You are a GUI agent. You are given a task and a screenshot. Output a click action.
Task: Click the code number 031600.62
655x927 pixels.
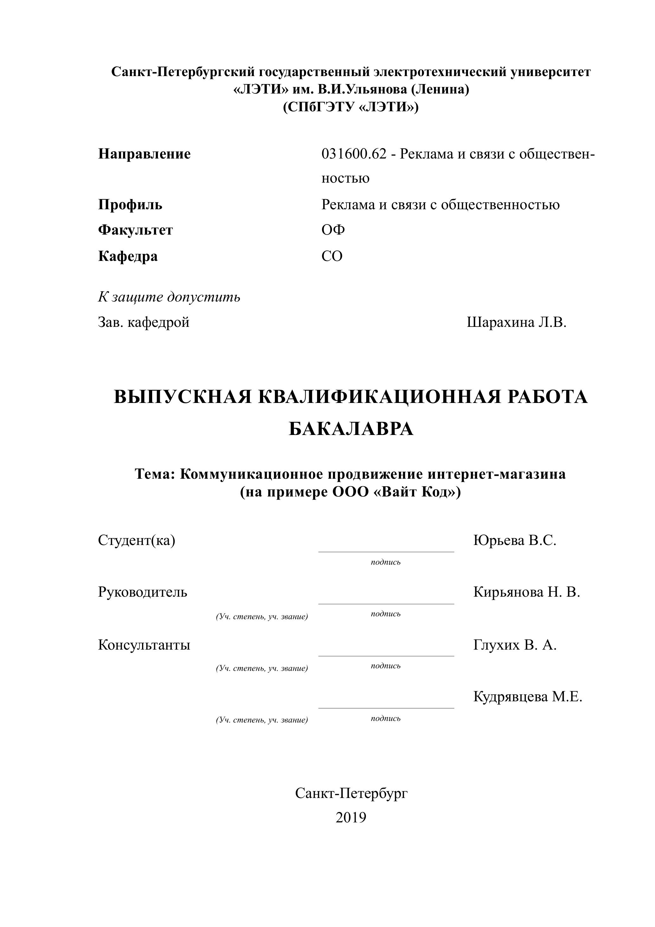click(354, 154)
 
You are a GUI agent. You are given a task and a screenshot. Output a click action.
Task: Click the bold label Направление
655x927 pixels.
click(144, 154)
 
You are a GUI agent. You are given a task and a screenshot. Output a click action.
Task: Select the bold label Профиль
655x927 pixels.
click(130, 205)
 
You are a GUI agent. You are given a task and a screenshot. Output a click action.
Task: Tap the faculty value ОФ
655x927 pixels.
click(333, 230)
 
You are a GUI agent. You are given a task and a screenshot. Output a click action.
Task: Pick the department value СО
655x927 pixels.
click(332, 256)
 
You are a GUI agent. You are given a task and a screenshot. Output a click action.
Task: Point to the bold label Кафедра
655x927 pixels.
click(128, 256)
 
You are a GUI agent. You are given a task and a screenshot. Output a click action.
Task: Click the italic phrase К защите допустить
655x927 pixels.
click(169, 297)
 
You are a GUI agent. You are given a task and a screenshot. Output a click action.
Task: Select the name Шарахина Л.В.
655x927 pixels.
click(516, 322)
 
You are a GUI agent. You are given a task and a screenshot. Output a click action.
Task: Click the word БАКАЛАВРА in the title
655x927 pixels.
click(351, 429)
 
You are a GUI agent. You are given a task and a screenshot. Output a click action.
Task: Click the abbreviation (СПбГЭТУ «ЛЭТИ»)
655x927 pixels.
click(351, 107)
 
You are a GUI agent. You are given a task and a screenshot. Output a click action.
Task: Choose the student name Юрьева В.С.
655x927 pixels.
click(515, 540)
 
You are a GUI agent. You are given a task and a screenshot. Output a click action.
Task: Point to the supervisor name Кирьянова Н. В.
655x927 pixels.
click(527, 592)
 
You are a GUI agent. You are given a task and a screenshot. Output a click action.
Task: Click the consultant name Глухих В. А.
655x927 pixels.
click(515, 645)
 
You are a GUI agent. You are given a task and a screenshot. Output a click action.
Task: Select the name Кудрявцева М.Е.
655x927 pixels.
click(527, 697)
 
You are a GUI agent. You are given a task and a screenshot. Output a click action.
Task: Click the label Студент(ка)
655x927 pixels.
click(137, 540)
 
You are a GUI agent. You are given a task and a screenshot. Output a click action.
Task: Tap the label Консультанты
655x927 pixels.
click(144, 645)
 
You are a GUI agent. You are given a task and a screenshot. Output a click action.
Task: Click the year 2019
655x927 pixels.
click(351, 817)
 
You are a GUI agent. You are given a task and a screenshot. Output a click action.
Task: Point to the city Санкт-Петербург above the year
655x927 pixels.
click(351, 793)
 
